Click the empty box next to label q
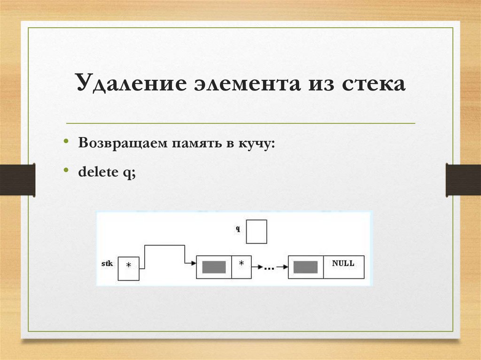point(256,231)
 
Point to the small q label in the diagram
point(238,229)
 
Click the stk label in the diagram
point(107,264)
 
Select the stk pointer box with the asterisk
point(128,268)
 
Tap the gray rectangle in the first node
point(214,267)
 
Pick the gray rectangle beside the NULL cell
point(305,267)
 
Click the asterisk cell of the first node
point(241,267)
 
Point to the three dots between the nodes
point(269,268)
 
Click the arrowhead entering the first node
point(193,263)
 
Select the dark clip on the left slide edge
point(17,179)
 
